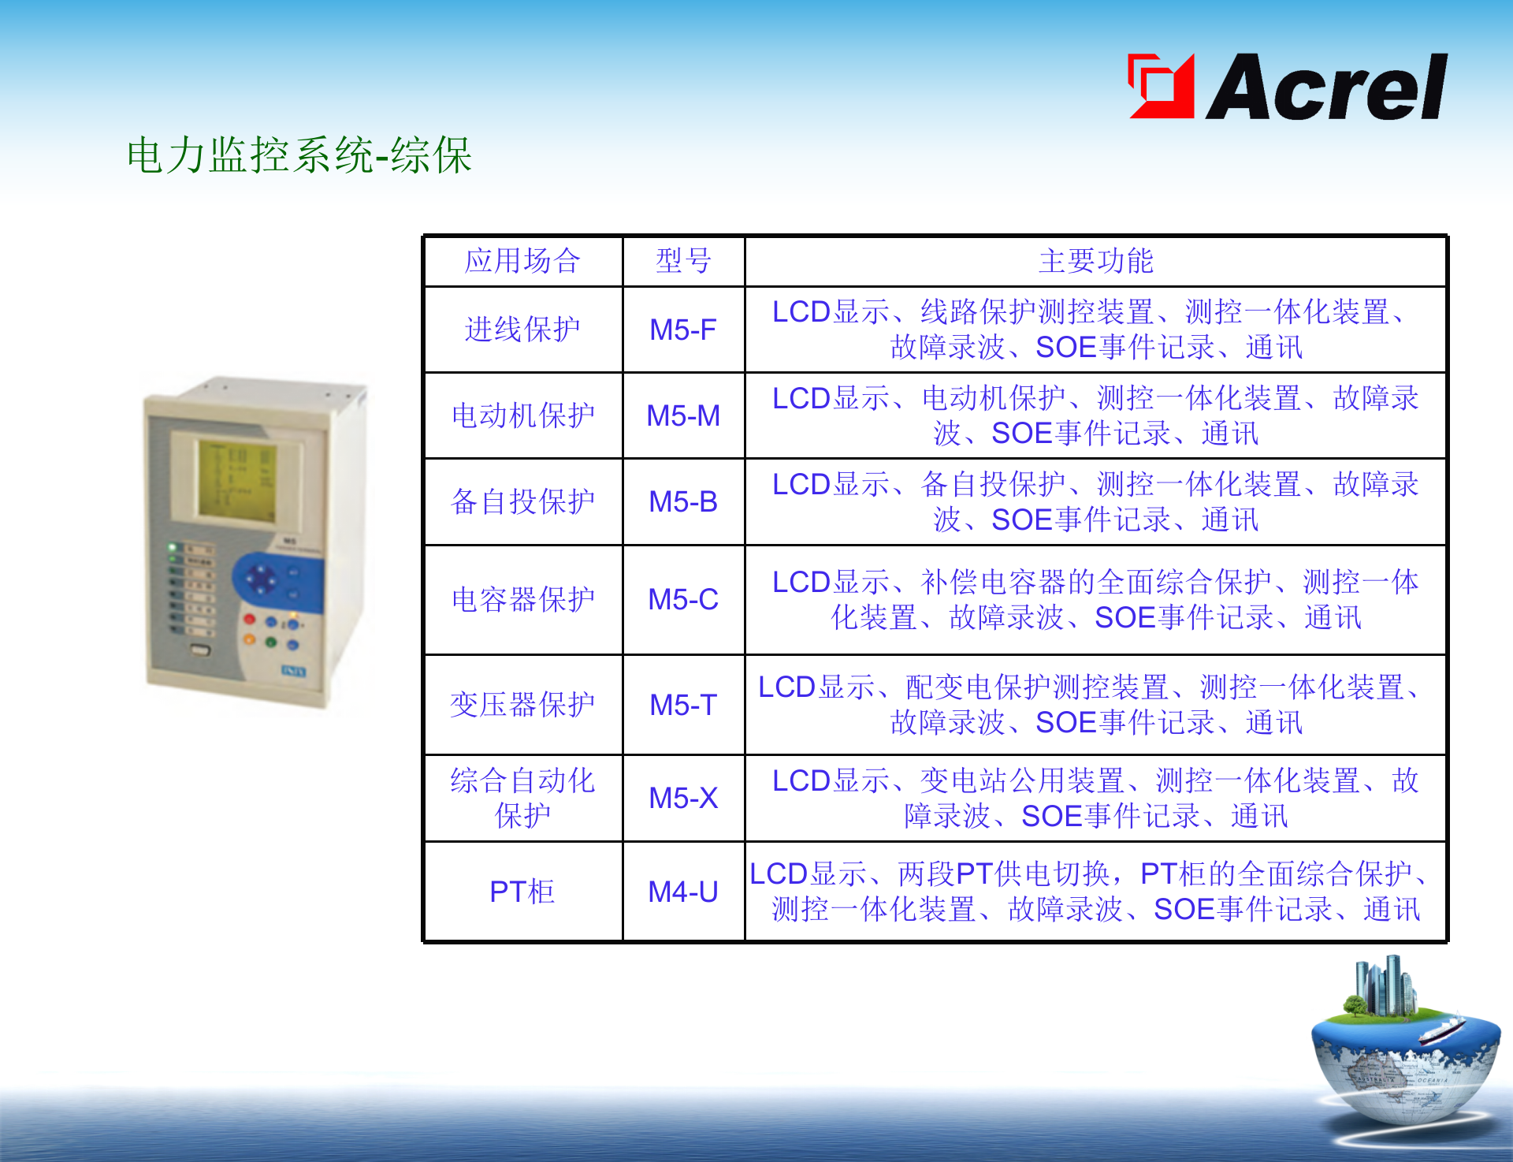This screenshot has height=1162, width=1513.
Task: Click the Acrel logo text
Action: (x=1327, y=88)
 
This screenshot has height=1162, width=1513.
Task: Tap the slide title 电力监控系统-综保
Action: (x=299, y=155)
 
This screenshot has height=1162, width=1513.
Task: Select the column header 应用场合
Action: (x=522, y=261)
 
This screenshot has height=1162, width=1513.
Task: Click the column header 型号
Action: (x=683, y=261)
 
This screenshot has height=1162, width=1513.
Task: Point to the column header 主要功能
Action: (x=1095, y=261)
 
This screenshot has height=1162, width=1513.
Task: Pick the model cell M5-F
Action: (x=682, y=330)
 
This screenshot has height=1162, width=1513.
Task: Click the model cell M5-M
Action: (x=682, y=415)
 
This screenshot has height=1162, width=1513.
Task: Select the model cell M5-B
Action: (x=682, y=501)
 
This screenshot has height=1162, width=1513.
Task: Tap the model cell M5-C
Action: (x=682, y=599)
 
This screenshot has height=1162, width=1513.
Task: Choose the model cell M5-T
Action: (x=682, y=705)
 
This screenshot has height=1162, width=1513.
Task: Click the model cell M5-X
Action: (x=682, y=798)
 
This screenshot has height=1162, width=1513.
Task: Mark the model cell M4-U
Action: (x=682, y=892)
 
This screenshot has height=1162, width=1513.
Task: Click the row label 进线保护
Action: (x=522, y=330)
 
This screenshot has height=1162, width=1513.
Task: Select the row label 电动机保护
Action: (x=522, y=415)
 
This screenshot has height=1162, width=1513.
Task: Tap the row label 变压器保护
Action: (x=522, y=705)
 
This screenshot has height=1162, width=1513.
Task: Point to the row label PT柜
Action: (x=522, y=892)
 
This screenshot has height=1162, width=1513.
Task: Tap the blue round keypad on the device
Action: (x=260, y=581)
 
